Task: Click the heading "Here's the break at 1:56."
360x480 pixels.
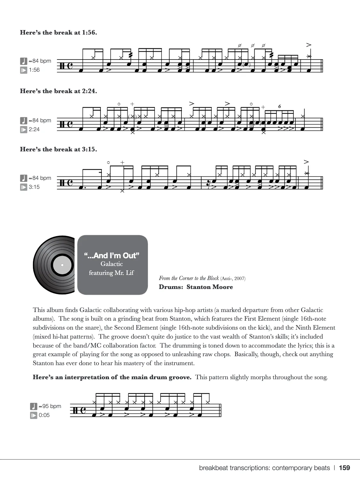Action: pyautogui.click(x=58, y=32)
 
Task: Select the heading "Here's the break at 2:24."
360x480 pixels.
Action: pyautogui.click(x=58, y=91)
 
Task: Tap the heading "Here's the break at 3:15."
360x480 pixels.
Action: pyautogui.click(x=58, y=149)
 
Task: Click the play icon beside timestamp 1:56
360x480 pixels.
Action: pyautogui.click(x=24, y=70)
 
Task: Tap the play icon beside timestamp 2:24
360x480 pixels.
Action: pyautogui.click(x=24, y=130)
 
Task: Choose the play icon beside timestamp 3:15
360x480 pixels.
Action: pyautogui.click(x=24, y=187)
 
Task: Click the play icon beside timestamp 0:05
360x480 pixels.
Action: pyautogui.click(x=34, y=415)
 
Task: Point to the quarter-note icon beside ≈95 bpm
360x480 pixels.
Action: pyautogui.click(x=34, y=406)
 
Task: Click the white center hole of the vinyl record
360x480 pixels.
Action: pyautogui.click(x=62, y=265)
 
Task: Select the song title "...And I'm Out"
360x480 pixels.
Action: pyautogui.click(x=112, y=255)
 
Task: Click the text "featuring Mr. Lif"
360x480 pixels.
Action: pyautogui.click(x=111, y=273)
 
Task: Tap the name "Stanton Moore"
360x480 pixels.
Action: pyautogui.click(x=210, y=287)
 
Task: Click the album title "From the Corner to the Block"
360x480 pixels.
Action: pyautogui.click(x=189, y=278)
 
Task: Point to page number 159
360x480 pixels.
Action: pyautogui.click(x=344, y=468)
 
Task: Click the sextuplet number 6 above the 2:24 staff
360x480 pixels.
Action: pyautogui.click(x=280, y=106)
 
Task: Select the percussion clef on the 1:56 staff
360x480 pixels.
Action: pyautogui.click(x=62, y=66)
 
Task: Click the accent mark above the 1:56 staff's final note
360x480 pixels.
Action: pyautogui.click(x=308, y=45)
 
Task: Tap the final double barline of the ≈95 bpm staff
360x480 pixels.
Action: pyautogui.click(x=220, y=410)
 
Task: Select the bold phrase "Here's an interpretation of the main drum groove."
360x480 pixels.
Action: pyautogui.click(x=112, y=377)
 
